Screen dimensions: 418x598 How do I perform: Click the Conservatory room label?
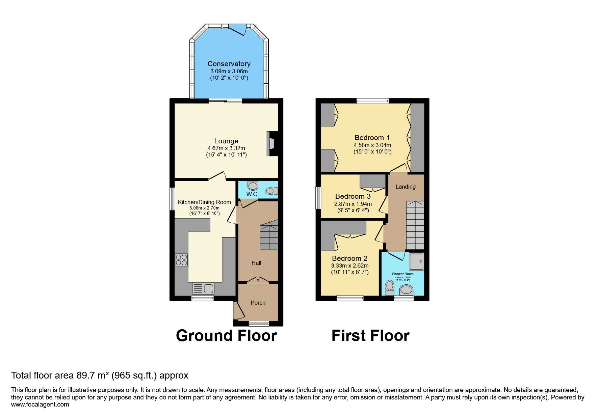point(229,64)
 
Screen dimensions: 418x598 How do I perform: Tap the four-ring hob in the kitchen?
point(181,260)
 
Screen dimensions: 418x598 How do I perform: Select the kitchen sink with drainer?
point(203,289)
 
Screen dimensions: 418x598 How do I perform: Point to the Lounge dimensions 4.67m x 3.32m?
point(226,148)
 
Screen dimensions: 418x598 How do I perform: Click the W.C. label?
point(252,194)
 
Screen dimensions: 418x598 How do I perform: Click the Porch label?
point(258,303)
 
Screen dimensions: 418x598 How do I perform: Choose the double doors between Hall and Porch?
point(258,280)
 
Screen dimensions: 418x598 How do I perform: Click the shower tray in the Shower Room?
point(416,261)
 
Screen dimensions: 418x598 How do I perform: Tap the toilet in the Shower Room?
point(390,287)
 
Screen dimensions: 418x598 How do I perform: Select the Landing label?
point(406,187)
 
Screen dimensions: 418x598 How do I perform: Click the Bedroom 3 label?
point(353,196)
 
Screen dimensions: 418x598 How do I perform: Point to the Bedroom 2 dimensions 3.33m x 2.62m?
point(350,266)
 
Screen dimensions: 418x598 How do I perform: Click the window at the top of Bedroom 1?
point(372,101)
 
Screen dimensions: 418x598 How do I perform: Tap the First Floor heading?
point(370,336)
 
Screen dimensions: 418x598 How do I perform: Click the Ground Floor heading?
point(226,336)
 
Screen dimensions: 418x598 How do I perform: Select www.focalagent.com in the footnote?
point(40,405)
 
